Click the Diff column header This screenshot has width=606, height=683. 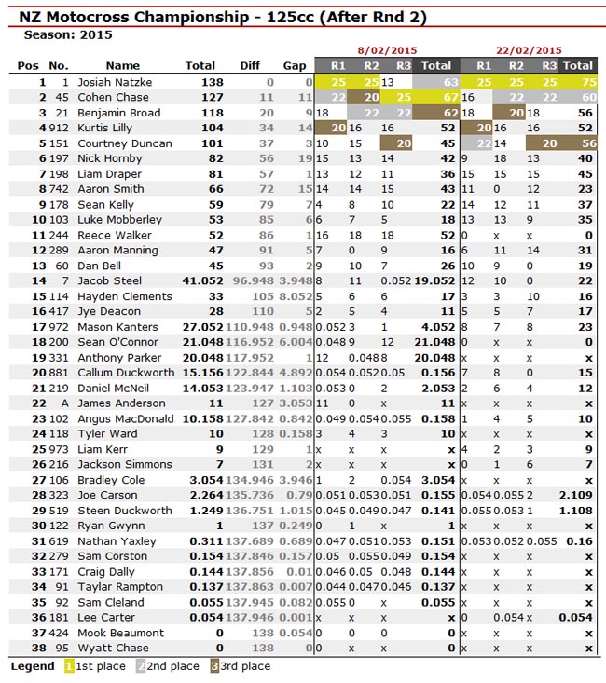249,66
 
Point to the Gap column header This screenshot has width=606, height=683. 295,66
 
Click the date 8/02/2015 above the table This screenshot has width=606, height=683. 387,50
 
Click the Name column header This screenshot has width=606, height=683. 122,66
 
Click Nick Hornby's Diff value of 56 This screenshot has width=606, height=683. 266,158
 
